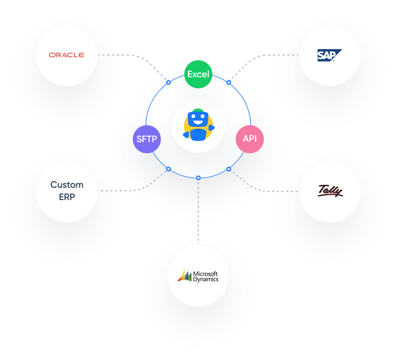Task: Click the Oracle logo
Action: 66,55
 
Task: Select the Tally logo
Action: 330,191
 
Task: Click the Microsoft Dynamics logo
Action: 198,276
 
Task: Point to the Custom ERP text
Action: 67,191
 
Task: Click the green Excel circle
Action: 198,74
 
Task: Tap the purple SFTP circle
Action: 147,139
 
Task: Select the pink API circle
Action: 250,138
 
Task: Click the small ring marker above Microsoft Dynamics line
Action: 198,178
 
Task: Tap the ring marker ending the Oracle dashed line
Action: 168,82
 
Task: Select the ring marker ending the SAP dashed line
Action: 229,82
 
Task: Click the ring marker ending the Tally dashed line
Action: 229,169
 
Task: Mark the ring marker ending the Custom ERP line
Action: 168,169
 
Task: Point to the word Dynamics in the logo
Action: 206,279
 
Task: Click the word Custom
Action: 67,184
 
